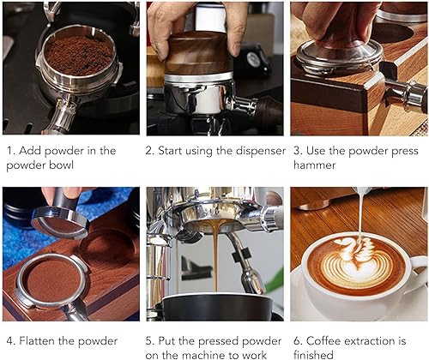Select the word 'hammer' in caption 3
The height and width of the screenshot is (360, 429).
click(x=315, y=165)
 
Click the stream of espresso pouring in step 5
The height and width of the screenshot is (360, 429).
click(x=214, y=257)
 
